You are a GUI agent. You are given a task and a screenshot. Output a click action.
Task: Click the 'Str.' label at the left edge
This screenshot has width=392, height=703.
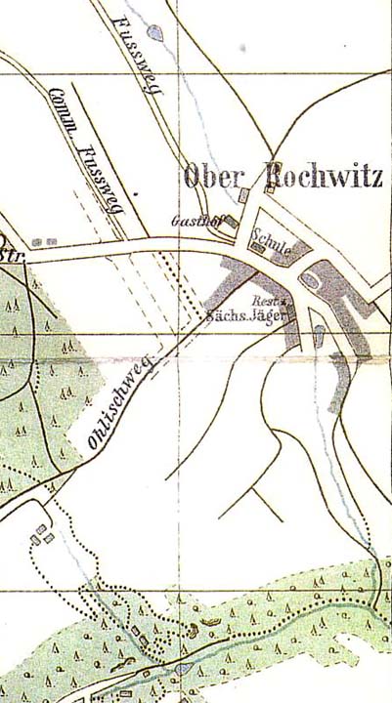[x=12, y=256]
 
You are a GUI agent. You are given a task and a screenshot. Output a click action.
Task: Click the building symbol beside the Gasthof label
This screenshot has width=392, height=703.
[x=232, y=224]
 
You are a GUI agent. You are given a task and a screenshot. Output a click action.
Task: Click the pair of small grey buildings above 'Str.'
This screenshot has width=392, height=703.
[x=43, y=241]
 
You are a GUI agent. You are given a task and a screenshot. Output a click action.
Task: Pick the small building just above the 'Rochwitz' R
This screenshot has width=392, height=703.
[x=267, y=192]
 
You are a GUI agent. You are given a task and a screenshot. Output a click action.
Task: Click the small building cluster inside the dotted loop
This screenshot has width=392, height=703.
[x=42, y=535]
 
